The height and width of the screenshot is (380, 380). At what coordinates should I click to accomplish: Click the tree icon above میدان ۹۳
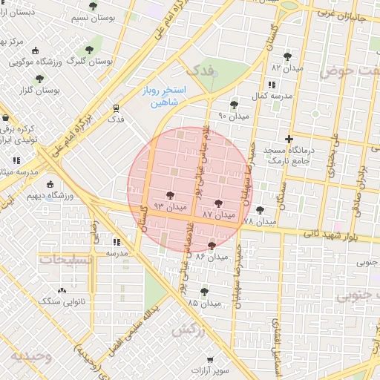[x=171, y=194]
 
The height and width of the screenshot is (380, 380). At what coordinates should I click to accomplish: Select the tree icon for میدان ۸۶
[x=212, y=246]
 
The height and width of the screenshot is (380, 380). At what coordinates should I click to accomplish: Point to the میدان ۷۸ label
[x=259, y=221]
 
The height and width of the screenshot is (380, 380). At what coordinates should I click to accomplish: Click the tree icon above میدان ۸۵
[x=204, y=291]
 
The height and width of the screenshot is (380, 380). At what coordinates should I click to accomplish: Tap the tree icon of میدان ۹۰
[x=235, y=105]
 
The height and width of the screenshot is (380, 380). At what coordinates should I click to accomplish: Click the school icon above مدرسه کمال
[x=282, y=84]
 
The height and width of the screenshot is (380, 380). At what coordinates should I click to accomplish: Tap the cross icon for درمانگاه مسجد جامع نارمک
[x=289, y=138]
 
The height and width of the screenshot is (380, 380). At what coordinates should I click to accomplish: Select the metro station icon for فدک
[x=116, y=107]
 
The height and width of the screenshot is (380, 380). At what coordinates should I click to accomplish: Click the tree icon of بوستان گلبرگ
[x=90, y=50]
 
